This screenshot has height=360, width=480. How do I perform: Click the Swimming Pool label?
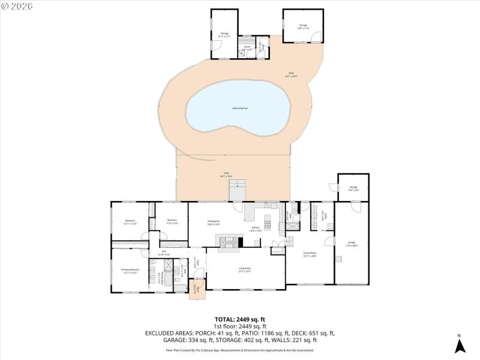tap(240, 109)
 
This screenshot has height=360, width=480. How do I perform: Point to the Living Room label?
tap(244, 270)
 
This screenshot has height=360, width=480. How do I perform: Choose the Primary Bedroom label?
tap(130, 271)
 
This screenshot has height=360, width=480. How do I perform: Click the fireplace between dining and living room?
tap(227, 241)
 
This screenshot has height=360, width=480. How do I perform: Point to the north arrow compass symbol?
tap(460, 345)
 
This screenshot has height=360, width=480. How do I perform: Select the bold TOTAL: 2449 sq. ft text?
tap(240, 319)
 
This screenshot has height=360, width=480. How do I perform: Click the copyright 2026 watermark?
tap(17, 6)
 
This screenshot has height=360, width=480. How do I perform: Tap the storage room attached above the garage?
tap(353, 188)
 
